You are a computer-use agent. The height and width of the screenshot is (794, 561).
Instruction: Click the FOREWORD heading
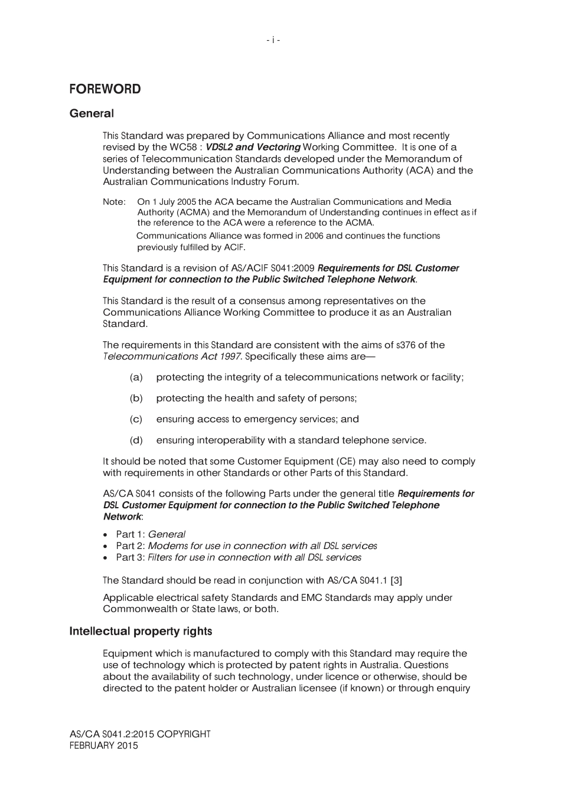[x=105, y=89]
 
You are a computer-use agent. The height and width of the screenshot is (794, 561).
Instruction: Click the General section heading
[x=92, y=113]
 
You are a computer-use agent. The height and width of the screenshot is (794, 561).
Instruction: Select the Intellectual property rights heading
[x=141, y=632]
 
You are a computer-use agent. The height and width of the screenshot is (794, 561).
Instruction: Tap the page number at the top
[x=273, y=40]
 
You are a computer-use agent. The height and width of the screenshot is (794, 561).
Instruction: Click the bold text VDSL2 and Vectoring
[x=253, y=147]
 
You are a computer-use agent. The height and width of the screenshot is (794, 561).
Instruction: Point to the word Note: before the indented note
[x=114, y=202]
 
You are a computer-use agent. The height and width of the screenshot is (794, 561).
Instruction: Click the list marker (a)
[x=136, y=377]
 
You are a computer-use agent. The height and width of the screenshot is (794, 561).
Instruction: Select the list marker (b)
[x=136, y=398]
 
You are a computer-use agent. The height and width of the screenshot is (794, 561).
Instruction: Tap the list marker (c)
[x=136, y=419]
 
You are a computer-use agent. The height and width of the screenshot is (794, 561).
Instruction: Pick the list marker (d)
[x=136, y=440]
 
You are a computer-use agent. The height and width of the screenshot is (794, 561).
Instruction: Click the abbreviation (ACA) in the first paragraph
[x=419, y=171]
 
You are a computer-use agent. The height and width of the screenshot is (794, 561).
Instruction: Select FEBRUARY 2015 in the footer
[x=103, y=746]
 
